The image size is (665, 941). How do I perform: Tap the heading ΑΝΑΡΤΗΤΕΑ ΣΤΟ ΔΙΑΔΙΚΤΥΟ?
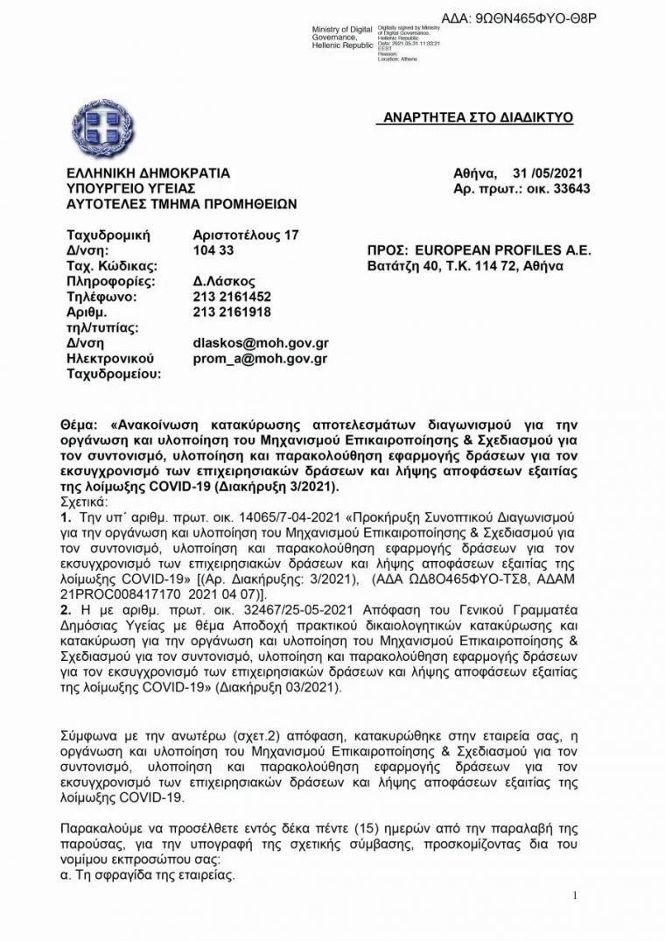pos(479,117)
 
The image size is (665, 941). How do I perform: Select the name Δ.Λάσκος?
pos(224,281)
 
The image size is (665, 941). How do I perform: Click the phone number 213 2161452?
pos(232,297)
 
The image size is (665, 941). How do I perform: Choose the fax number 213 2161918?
pos(232,312)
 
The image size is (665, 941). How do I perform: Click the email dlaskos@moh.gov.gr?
pos(260,343)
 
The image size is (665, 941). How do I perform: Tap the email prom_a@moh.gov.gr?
pos(260,358)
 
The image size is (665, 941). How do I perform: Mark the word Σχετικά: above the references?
pos(85,502)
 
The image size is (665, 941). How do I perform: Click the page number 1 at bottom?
pos(575,895)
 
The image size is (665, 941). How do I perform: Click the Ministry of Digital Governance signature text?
pos(344,38)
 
